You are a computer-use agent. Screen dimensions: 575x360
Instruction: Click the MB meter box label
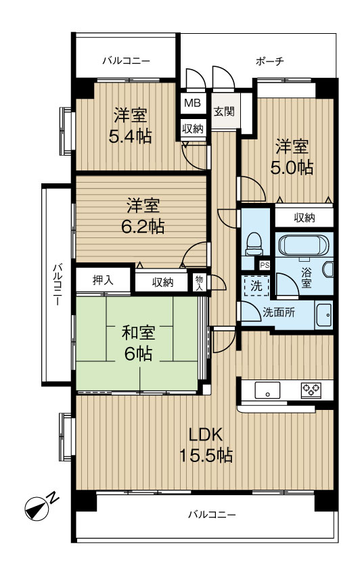pyautogui.click(x=192, y=103)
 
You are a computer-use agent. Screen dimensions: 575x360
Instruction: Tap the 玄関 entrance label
pyautogui.click(x=224, y=111)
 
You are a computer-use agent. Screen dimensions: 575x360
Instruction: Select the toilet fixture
pyautogui.click(x=254, y=244)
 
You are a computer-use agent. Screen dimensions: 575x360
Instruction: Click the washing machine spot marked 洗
pyautogui.click(x=256, y=286)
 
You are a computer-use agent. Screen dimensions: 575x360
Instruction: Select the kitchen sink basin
pyautogui.click(x=267, y=390)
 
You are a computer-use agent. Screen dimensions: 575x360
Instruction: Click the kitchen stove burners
pyautogui.click(x=311, y=390)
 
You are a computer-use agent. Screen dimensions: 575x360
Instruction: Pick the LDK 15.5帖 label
pyautogui.click(x=206, y=444)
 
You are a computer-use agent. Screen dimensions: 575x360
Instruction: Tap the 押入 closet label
pyautogui.click(x=103, y=281)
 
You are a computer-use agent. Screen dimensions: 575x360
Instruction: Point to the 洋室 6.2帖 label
pyautogui.click(x=143, y=214)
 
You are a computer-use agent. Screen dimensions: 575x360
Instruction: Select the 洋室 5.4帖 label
pyautogui.click(x=131, y=125)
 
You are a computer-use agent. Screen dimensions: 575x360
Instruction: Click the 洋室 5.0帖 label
pyautogui.click(x=293, y=157)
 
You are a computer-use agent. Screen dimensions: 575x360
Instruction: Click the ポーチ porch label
pyautogui.click(x=269, y=62)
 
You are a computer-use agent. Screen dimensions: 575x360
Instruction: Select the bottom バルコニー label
pyautogui.click(x=212, y=515)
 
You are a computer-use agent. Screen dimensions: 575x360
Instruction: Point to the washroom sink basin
pyautogui.click(x=323, y=315)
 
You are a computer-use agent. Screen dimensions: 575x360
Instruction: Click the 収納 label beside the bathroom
pyautogui.click(x=304, y=218)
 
